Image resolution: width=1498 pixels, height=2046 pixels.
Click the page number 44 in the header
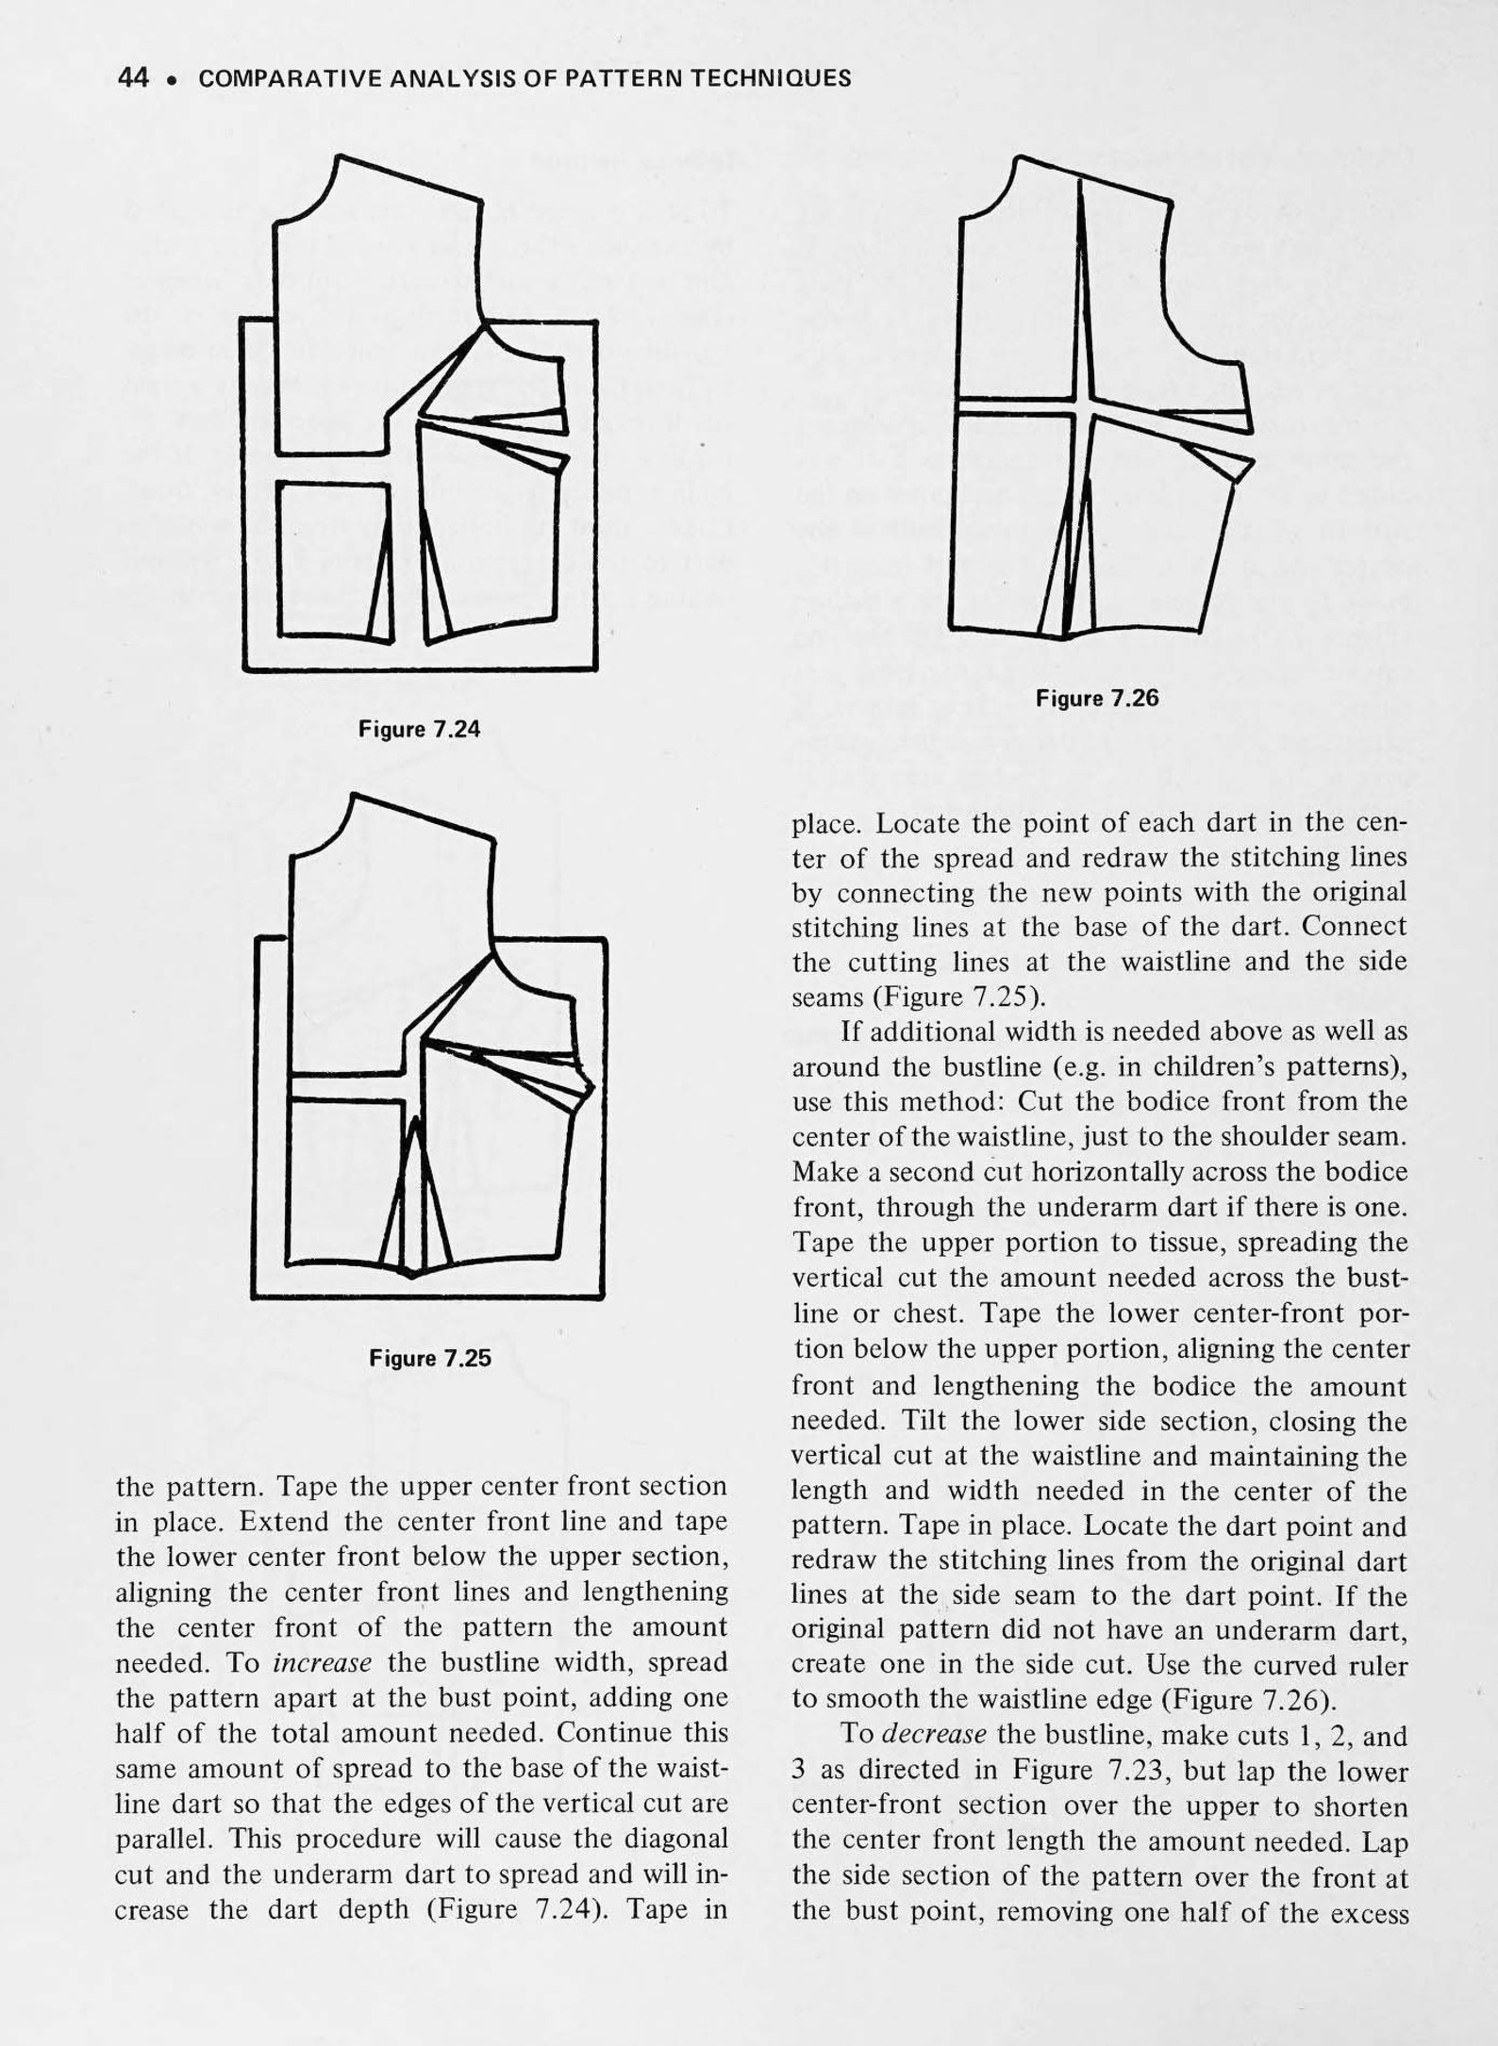[133, 78]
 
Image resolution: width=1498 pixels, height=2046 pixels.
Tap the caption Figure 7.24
[419, 729]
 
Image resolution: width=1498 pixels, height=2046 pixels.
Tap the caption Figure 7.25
[430, 1359]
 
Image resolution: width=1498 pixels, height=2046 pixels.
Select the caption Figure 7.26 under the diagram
[1096, 699]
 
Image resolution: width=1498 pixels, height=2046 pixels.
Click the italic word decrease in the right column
[926, 1735]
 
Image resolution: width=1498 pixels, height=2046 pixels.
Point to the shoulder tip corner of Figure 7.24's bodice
[482, 202]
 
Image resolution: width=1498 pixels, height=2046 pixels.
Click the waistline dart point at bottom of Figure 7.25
[412, 1275]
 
